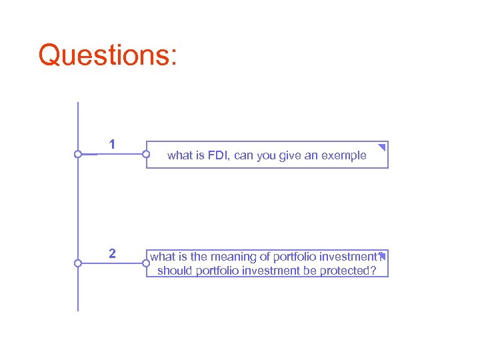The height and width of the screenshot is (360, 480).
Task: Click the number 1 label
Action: (x=112, y=144)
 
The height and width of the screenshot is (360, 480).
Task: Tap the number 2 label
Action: (x=112, y=254)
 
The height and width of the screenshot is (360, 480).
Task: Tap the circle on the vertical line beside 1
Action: (x=78, y=155)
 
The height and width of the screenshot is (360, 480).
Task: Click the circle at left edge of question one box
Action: (x=147, y=155)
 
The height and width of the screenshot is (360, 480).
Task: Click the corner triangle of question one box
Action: (x=382, y=147)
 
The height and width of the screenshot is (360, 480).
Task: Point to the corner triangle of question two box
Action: (x=383, y=255)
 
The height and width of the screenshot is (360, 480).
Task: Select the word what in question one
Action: (x=179, y=155)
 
